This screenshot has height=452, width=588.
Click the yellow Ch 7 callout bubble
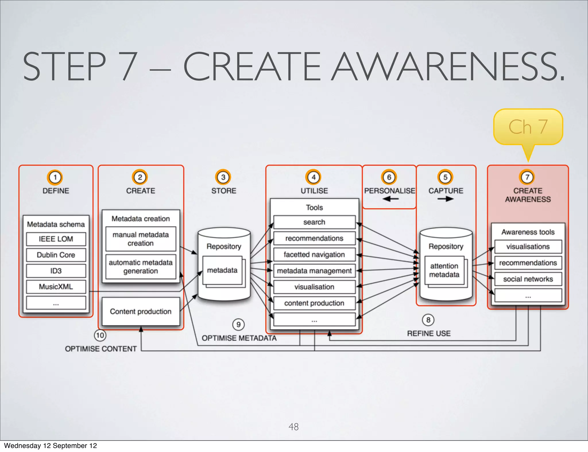coord(528,127)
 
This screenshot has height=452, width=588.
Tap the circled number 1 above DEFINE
coord(55,177)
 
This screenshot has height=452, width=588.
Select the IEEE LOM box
coord(56,239)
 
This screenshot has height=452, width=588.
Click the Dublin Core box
coord(56,255)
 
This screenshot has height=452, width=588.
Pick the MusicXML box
coord(56,287)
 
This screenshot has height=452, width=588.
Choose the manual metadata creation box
coord(141,239)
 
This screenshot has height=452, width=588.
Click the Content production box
coord(141,311)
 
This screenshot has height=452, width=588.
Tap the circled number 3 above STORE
coord(223,177)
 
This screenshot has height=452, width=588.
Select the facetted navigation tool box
coord(314,254)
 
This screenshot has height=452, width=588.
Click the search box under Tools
coord(314,222)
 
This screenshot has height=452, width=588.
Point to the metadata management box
coord(314,271)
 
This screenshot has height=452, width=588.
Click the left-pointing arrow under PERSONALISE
coord(390,199)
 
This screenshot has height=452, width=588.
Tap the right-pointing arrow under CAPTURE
coord(445,199)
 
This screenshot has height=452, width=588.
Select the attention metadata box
coord(444,270)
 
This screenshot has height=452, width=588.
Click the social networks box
coord(528,279)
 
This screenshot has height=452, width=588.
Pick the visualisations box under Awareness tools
coord(528,247)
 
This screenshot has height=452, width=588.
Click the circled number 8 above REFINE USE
coord(428,320)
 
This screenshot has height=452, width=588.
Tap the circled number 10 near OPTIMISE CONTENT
coord(100,335)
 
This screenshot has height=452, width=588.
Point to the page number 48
coord(293,427)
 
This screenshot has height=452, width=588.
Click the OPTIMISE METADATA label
coord(239,338)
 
